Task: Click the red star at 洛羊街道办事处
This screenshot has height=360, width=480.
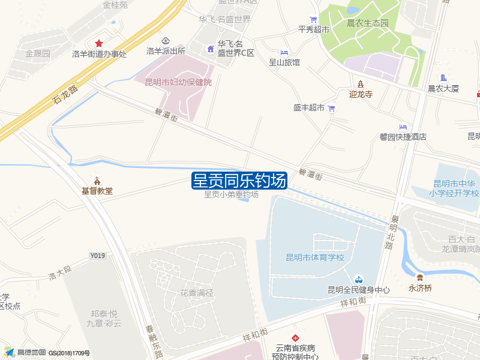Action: coord(99,44)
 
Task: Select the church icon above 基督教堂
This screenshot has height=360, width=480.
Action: coord(97,181)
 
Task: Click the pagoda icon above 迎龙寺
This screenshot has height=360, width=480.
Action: coord(361,83)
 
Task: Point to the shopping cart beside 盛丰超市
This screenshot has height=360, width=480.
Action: coord(331,108)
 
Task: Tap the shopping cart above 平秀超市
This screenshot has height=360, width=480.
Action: coord(313,19)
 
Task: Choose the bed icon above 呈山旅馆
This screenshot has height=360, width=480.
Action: coord(284,52)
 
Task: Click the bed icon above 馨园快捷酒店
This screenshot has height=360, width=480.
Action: coord(403,127)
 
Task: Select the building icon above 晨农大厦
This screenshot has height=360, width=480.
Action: coord(443,78)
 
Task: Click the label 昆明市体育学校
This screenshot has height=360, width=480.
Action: coord(315,257)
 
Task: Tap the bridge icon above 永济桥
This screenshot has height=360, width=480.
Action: coord(420,277)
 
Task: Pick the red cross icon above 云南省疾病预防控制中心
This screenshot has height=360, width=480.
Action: coord(295,338)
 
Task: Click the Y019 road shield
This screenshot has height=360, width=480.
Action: coord(98,256)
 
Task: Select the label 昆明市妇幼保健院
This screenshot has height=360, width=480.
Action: coord(178,82)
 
